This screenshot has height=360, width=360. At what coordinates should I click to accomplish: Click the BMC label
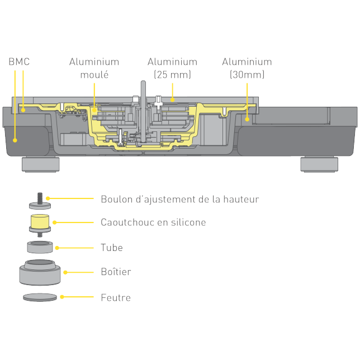pyautogui.click(x=19, y=61)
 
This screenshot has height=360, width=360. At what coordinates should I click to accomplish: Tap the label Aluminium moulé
pyautogui.click(x=94, y=68)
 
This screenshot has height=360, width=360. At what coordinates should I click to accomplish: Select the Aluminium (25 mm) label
pyautogui.click(x=172, y=68)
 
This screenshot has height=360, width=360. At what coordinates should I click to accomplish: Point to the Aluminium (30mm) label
pyautogui.click(x=247, y=68)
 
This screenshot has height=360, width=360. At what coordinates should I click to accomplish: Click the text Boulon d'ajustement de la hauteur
pyautogui.click(x=179, y=199)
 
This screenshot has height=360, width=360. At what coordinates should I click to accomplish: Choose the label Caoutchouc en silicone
pyautogui.click(x=153, y=222)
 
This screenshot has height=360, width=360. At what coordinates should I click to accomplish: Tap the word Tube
pyautogui.click(x=111, y=247)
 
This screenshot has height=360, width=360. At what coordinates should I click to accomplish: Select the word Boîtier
pyautogui.click(x=116, y=272)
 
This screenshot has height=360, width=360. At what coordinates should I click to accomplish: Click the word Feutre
pyautogui.click(x=115, y=297)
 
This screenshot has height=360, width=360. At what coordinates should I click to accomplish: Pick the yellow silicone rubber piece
pyautogui.click(x=40, y=222)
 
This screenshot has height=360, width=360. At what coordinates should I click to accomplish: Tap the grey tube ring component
pyautogui.click(x=40, y=247)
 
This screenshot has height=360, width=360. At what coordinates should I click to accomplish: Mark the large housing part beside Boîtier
pyautogui.click(x=40, y=272)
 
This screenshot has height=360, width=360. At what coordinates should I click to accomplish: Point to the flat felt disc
pyautogui.click(x=40, y=297)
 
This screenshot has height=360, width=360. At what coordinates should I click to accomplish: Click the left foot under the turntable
pyautogui.click(x=40, y=164)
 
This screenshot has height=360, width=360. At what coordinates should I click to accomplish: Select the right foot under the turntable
pyautogui.click(x=319, y=164)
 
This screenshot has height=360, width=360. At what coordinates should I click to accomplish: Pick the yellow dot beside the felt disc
pyautogui.click(x=62, y=297)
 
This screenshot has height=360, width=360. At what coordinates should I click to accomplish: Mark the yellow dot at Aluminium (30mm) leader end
pyautogui.click(x=247, y=119)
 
